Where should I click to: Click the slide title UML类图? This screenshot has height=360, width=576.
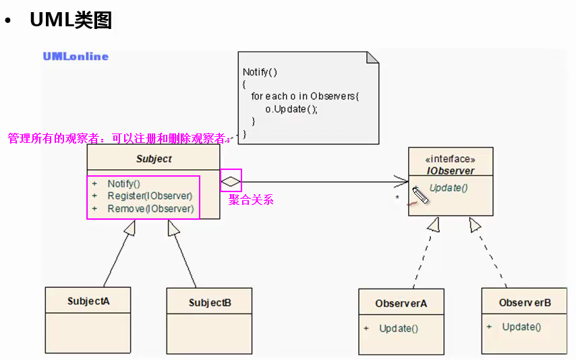click(x=70, y=20)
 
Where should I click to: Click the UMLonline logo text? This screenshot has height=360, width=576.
click(x=76, y=57)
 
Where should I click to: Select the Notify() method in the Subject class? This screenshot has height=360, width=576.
click(x=123, y=183)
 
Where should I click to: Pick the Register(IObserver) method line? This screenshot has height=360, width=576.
click(x=150, y=196)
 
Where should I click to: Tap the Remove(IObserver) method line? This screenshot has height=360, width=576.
click(x=150, y=209)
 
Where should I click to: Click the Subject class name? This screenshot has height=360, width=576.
click(x=154, y=159)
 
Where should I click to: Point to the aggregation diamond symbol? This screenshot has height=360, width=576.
click(x=231, y=181)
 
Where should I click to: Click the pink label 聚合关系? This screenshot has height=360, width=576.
click(x=251, y=200)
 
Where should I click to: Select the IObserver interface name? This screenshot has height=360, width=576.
click(x=451, y=171)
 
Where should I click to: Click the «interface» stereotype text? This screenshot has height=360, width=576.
click(x=451, y=159)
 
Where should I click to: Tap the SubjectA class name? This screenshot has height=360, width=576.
click(x=88, y=301)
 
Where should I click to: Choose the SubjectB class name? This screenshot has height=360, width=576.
click(x=210, y=303)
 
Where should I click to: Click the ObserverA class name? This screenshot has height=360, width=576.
click(x=401, y=303)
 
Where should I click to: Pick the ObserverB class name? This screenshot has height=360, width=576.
click(x=525, y=303)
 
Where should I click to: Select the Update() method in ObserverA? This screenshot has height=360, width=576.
click(x=399, y=328)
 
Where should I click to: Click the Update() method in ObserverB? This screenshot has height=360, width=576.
click(x=521, y=327)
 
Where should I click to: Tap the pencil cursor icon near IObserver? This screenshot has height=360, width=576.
click(x=421, y=196)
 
